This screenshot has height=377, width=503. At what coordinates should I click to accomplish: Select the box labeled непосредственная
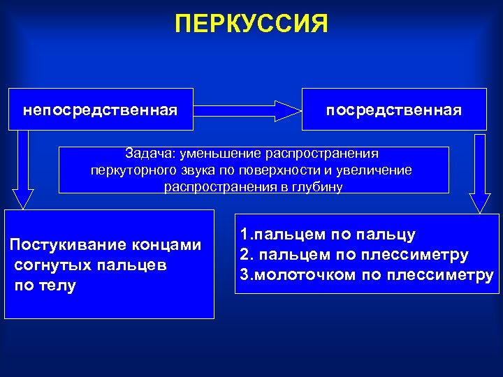coord(101,110)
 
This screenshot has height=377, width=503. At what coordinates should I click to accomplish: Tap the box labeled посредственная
coord(394,110)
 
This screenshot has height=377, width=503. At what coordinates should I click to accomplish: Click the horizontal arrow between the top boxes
coord(247,110)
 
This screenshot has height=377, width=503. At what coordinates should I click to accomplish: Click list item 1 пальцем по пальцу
coord(328,235)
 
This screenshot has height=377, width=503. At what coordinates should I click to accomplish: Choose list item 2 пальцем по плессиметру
coord(353,255)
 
